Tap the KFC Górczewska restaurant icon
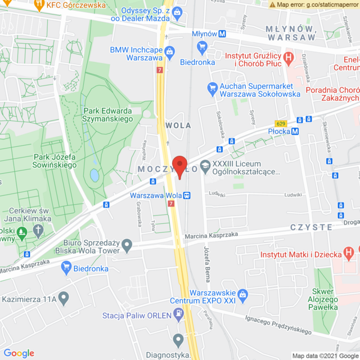tap(39, 6)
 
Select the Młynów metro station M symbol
tap(223, 34)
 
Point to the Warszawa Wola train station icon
tap(187, 196)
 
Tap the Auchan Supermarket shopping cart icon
tap(212, 87)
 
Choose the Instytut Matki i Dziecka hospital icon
tap(349, 250)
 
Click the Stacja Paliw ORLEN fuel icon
tap(178, 314)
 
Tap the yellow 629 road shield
tap(281, 123)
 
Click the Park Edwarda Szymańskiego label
tap(107, 115)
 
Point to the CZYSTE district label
tap(311, 227)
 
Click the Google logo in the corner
tap(19, 353)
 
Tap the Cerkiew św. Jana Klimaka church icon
tap(38, 230)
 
